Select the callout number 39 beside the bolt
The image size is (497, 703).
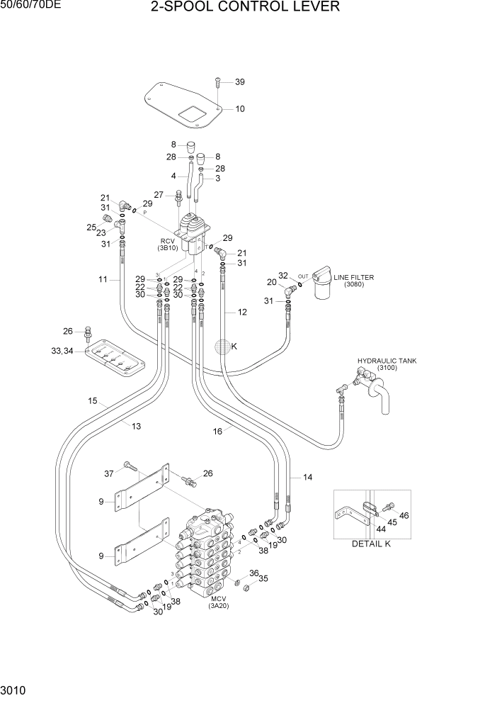click(239, 82)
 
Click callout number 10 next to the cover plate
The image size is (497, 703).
click(239, 109)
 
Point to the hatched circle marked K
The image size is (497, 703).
click(223, 347)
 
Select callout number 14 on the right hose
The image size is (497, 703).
click(307, 478)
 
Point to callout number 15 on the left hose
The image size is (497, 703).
click(92, 402)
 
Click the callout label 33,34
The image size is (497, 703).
click(62, 351)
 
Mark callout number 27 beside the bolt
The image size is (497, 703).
click(159, 195)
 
